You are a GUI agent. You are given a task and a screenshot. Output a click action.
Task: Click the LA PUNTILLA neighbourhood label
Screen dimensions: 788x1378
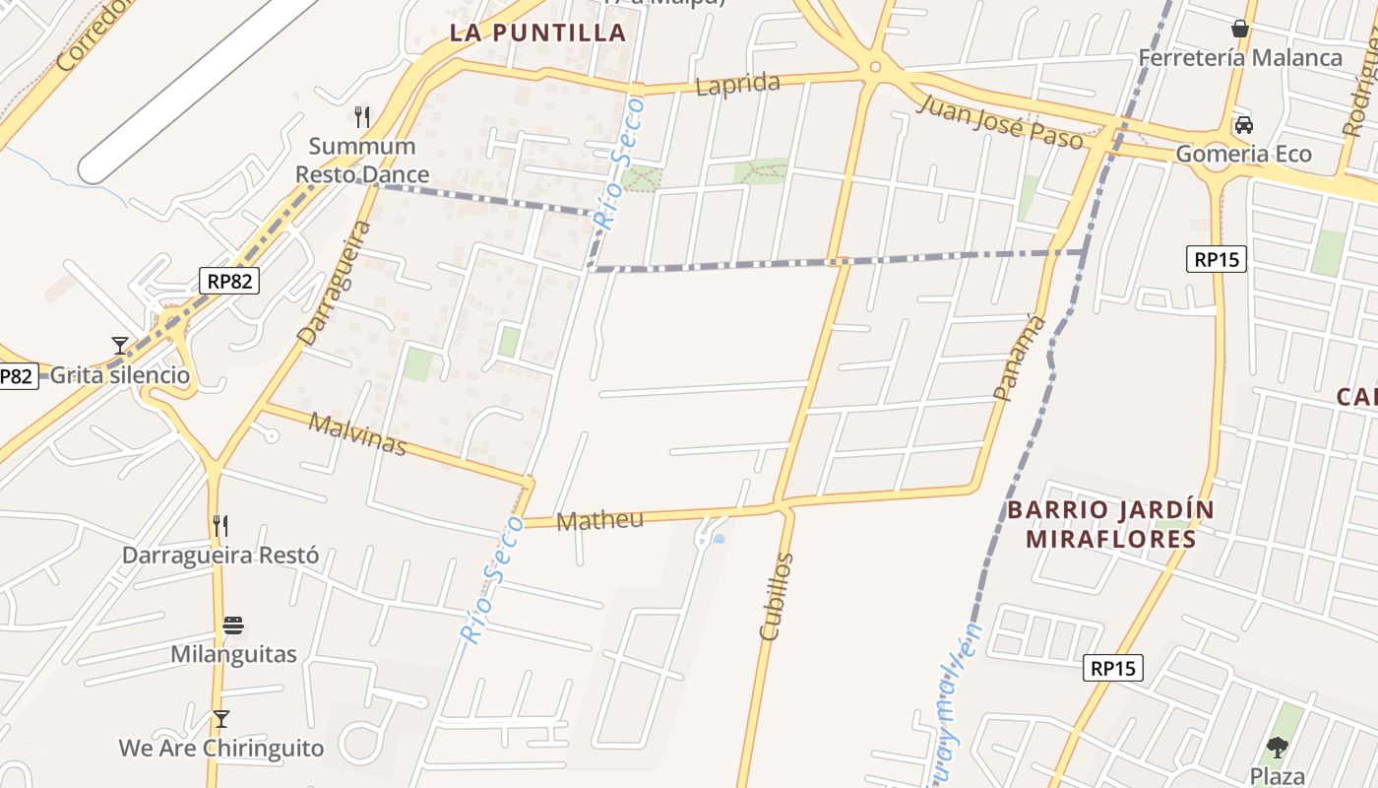click(538, 33)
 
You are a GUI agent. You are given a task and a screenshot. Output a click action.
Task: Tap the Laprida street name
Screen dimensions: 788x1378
click(737, 85)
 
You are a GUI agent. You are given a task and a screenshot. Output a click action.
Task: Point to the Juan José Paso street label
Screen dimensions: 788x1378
click(999, 122)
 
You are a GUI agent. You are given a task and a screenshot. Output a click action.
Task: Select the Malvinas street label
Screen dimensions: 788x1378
click(357, 434)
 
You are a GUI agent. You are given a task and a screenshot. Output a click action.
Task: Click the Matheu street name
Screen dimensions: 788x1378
click(599, 520)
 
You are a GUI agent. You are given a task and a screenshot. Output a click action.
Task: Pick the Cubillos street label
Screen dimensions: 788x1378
click(776, 597)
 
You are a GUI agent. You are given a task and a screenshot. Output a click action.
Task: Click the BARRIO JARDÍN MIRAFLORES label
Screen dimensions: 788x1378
click(1110, 524)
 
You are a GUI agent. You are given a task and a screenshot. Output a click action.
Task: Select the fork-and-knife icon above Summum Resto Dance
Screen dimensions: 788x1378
click(362, 117)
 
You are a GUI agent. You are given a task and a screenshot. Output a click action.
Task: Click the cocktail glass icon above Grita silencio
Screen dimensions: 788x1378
click(120, 345)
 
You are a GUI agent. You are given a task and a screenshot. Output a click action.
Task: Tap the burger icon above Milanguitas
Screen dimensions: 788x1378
click(233, 625)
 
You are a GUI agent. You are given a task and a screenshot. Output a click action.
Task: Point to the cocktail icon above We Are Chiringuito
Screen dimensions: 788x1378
click(221, 718)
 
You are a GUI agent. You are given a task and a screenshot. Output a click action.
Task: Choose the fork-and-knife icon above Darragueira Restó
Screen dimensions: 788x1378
click(220, 525)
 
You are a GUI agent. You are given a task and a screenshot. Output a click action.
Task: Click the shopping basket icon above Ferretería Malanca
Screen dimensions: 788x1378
click(1240, 29)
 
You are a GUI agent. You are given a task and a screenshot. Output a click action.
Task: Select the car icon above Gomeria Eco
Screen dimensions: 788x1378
click(1244, 125)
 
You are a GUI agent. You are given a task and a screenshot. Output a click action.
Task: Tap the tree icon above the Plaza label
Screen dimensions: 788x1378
click(1278, 747)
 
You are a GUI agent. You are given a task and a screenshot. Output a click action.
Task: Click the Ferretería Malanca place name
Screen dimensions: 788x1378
click(1240, 58)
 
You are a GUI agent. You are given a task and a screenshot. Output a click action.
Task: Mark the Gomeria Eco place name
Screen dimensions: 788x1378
click(1244, 155)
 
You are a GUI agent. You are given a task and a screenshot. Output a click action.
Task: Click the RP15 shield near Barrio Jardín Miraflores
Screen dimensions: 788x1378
click(1113, 668)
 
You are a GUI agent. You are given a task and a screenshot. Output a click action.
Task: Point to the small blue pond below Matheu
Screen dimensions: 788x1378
click(719, 539)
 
